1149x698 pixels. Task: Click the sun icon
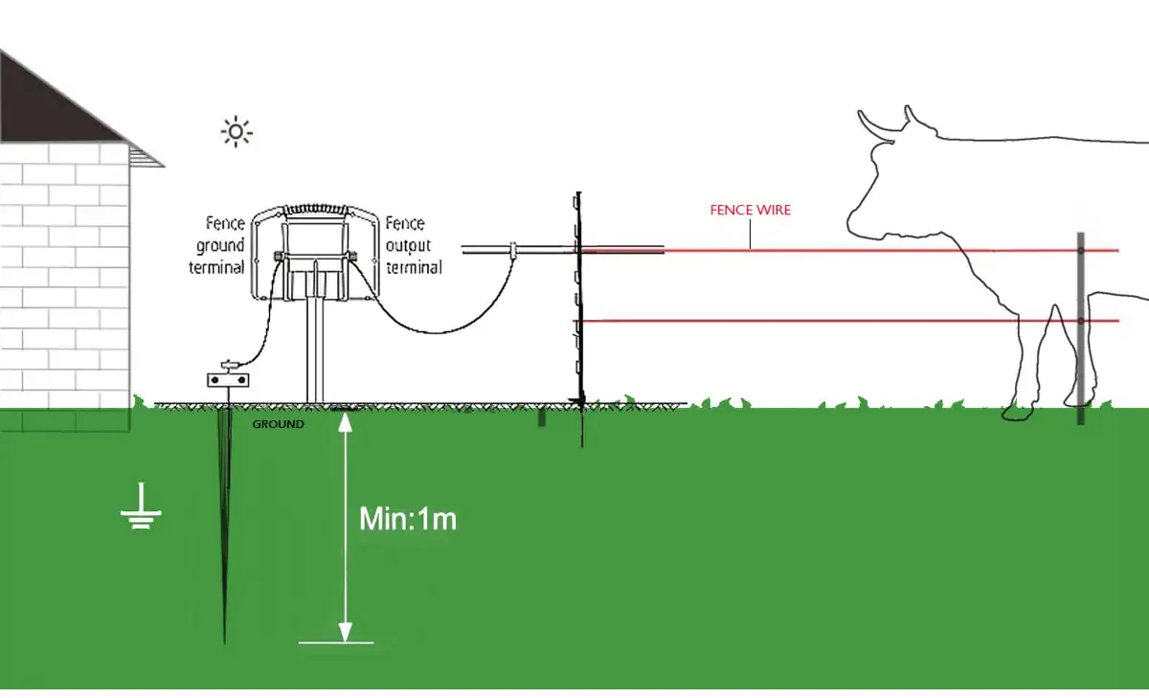click(237, 131)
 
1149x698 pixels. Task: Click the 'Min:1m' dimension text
click(407, 519)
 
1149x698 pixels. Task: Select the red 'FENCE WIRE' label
click(750, 210)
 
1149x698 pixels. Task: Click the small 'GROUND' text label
click(278, 423)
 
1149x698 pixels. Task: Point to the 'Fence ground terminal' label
click(217, 245)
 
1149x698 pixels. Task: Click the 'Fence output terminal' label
click(413, 245)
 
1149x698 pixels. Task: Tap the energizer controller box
click(313, 251)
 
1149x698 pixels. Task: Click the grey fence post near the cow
click(1080, 326)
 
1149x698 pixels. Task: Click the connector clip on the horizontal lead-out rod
click(513, 251)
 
